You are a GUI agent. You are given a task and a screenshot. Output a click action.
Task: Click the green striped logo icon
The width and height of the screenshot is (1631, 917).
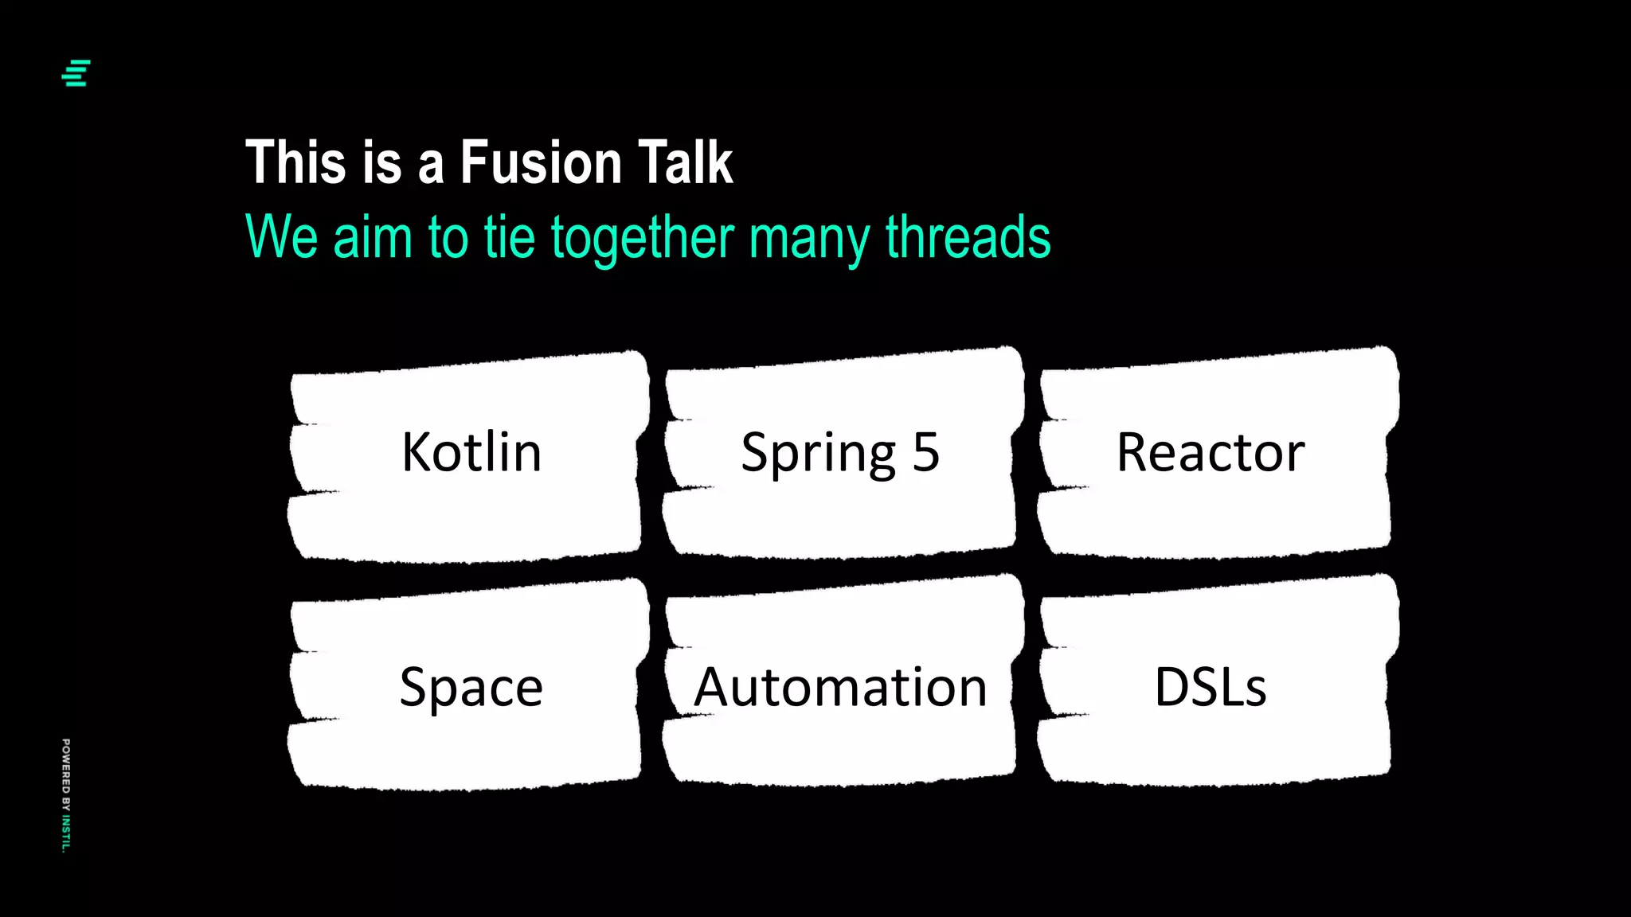[x=76, y=73]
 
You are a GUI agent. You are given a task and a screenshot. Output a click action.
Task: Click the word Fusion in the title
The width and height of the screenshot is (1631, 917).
[x=541, y=163]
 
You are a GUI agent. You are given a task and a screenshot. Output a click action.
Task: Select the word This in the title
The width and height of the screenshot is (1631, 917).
[x=296, y=163]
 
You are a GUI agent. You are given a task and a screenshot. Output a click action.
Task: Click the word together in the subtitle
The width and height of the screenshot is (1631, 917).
[x=643, y=239]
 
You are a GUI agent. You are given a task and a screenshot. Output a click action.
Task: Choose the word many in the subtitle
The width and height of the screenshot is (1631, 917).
[x=810, y=239]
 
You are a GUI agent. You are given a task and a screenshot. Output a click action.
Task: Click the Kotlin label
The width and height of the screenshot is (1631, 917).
[x=471, y=452]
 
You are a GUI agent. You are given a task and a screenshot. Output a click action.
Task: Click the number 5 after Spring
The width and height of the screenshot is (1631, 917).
[x=925, y=452]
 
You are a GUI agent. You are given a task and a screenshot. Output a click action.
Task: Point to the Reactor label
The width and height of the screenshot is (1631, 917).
[x=1211, y=452]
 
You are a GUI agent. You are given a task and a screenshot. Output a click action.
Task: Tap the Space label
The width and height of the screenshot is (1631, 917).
[x=471, y=688]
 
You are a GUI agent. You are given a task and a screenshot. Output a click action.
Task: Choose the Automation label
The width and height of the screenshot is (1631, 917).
[x=841, y=687]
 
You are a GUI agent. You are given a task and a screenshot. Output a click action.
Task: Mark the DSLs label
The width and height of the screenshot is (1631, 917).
[x=1211, y=687]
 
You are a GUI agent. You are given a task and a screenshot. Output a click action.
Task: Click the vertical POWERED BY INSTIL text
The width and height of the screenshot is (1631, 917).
[x=66, y=795]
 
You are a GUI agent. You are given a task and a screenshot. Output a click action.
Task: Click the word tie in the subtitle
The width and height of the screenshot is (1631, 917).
[x=509, y=237]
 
